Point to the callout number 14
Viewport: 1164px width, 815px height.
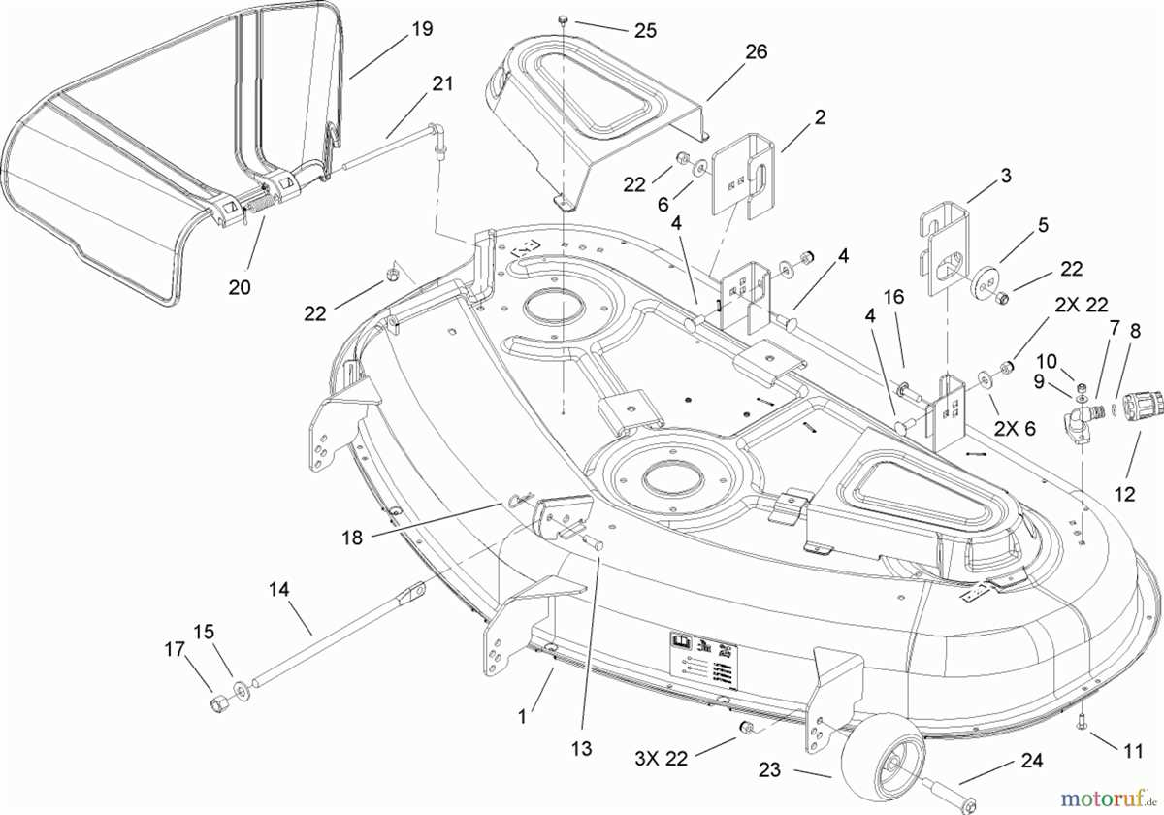279,589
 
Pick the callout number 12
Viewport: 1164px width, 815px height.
1124,494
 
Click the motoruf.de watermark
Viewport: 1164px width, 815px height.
1107,798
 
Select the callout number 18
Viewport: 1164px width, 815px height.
352,537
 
